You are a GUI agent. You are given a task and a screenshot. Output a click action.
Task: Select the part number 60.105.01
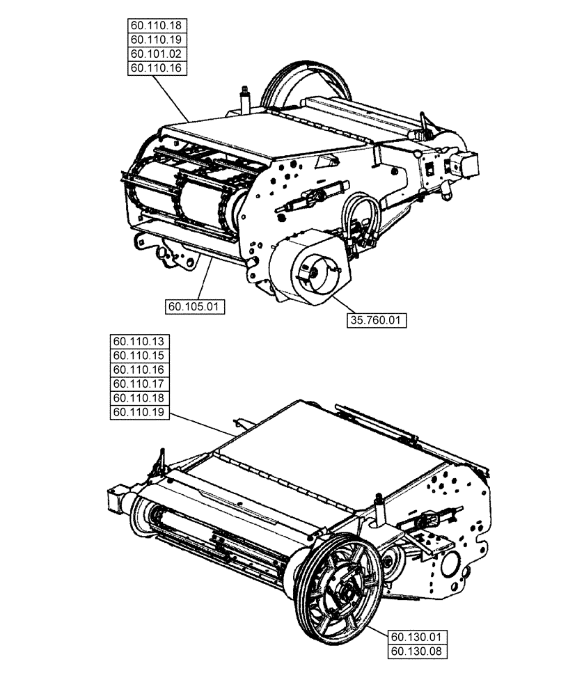(x=195, y=306)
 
